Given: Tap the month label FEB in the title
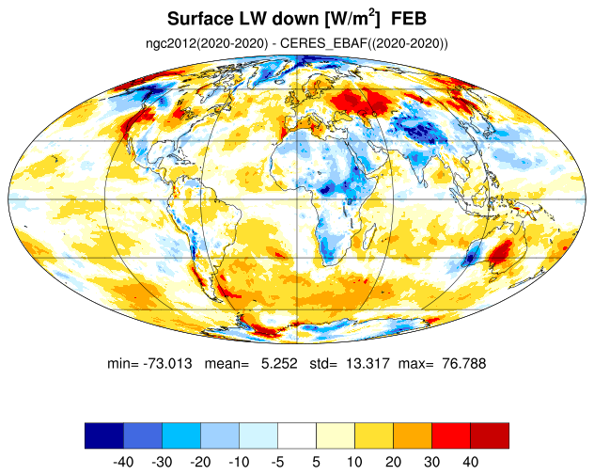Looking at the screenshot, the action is [409, 19].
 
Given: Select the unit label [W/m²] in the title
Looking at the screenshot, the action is [352, 19].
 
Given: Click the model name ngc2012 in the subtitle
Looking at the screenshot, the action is [171, 43].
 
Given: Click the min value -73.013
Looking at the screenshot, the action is [167, 364].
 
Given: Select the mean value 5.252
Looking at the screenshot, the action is [279, 364].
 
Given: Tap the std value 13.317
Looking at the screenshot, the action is [367, 364].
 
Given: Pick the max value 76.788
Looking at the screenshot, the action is [463, 364].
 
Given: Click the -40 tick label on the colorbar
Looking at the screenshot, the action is [123, 462].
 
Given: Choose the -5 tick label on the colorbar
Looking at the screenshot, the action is [277, 462].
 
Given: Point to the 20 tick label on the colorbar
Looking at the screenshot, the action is [393, 462].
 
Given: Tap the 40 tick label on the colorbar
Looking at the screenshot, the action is [470, 462].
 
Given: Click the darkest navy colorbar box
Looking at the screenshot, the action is [104, 435].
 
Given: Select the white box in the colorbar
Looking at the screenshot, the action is [297, 435].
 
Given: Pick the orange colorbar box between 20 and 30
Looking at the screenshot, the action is [413, 435].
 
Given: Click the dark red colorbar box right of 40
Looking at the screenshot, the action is [490, 435].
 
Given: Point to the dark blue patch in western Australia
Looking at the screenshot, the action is [470, 258].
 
